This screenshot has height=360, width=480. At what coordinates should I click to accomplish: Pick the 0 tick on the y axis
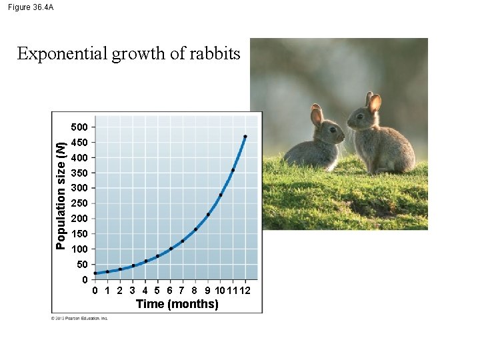(x=85, y=279)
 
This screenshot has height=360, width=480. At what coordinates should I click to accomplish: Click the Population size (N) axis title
(x=61, y=195)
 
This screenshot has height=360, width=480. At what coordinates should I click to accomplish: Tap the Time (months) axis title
(x=177, y=304)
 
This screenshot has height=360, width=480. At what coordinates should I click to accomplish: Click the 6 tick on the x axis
(x=170, y=291)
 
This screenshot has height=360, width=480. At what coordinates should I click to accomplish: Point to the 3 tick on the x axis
(x=133, y=291)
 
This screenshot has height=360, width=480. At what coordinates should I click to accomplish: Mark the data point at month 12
(x=245, y=137)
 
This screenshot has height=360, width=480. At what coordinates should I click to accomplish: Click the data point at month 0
(x=95, y=273)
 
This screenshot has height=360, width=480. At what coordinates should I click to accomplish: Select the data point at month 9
(x=208, y=215)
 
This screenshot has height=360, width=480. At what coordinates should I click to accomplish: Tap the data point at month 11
(x=233, y=171)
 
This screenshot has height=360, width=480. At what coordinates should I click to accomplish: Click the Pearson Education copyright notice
(x=80, y=318)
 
